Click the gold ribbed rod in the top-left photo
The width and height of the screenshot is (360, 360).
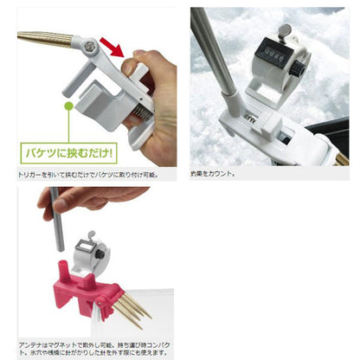[43, 39]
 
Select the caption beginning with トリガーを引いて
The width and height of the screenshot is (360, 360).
[87, 174]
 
